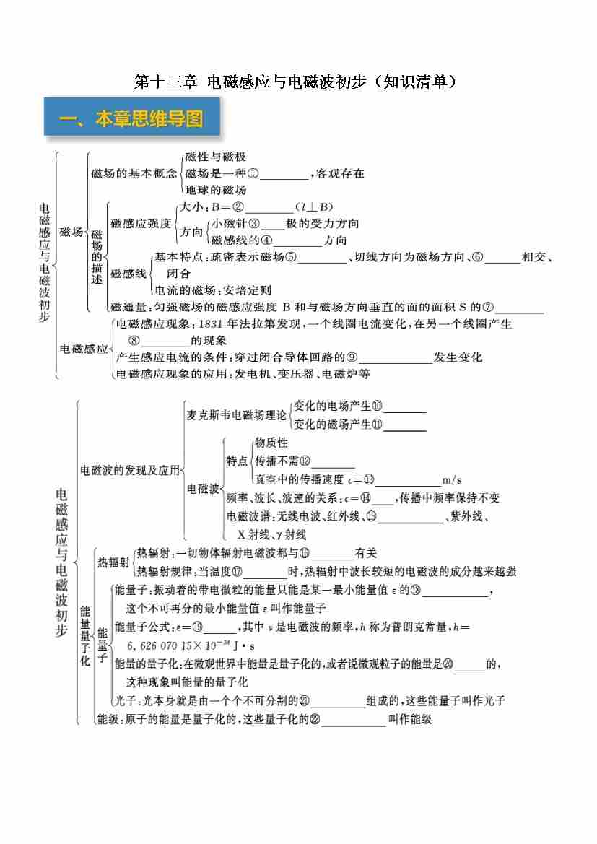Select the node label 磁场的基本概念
point(134,173)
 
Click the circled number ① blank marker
point(253,173)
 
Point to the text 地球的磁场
point(216,190)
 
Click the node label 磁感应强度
point(141,224)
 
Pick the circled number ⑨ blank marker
point(352,357)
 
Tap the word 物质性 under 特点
point(271,443)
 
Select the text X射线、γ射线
point(272,535)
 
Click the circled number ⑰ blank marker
point(237,571)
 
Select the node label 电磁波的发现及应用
point(131,470)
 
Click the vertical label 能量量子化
point(85,635)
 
